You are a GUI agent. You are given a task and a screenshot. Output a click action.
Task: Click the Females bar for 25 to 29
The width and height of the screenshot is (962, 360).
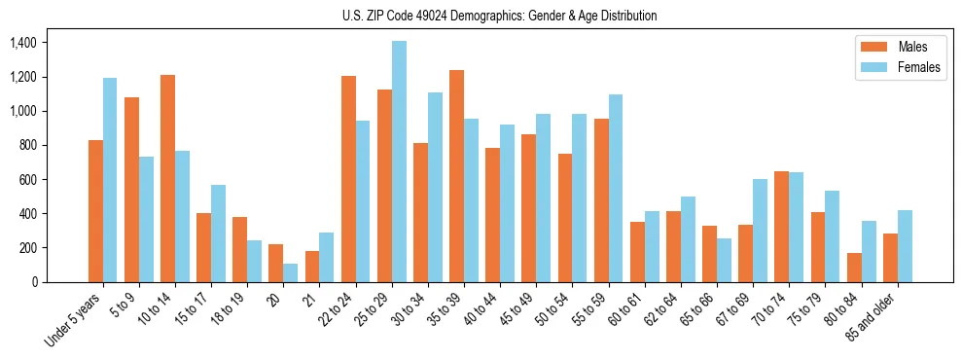[399, 162]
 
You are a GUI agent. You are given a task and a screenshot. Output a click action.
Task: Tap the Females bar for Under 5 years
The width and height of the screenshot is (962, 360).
[110, 180]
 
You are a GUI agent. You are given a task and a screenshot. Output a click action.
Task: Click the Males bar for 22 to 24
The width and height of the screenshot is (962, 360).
[348, 179]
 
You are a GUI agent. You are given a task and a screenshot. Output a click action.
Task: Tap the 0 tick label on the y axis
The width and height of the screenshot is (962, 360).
[35, 282]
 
